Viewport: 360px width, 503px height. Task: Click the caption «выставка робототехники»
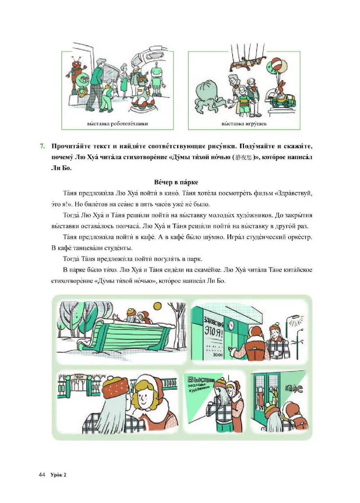coord(118,123)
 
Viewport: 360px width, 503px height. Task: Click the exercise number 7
coord(42,146)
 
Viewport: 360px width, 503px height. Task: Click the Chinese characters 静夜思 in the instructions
coord(245,158)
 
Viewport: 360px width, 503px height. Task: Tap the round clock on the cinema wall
coord(231,323)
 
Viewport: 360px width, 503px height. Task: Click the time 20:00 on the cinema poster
coord(218,355)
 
